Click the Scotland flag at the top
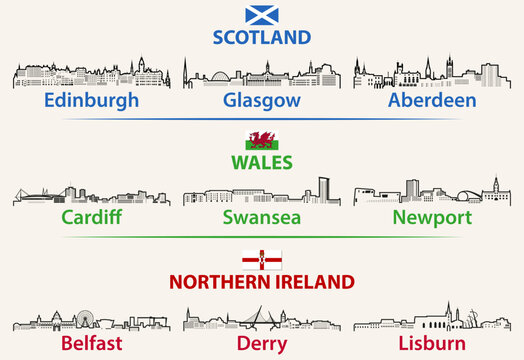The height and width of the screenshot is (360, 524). tap(261, 15)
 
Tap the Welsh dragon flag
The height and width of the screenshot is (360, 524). tap(261, 139)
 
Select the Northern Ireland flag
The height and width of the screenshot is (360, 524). tap(261, 260)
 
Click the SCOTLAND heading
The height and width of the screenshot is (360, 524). tap(261, 38)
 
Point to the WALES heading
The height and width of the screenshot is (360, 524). tap(261, 161)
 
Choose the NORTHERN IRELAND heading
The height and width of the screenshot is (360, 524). tap(262, 281)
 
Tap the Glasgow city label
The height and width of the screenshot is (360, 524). tap(261, 101)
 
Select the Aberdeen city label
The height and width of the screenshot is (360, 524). tap(433, 101)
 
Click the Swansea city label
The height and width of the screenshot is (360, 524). tap(261, 217)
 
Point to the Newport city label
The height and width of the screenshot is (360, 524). tap(432, 217)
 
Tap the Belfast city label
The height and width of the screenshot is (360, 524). tap(91, 343)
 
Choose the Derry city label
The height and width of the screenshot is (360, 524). tap(262, 343)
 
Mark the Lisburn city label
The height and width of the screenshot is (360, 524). tap(433, 343)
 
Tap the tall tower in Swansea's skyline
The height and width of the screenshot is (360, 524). tap(323, 189)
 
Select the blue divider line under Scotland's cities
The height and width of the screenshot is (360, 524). tap(261, 120)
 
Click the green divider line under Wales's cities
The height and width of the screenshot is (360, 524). tap(261, 237)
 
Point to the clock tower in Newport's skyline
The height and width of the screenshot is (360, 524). tap(494, 186)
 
